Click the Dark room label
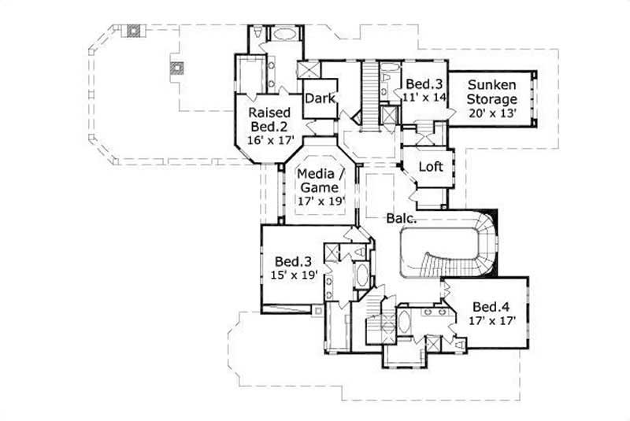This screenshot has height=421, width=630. coord(321,98)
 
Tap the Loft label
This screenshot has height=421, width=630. coord(430,167)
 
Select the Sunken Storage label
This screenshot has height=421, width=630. coord(492,92)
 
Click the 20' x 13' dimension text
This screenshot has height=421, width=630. coord(492,113)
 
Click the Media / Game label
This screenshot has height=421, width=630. coord(318,180)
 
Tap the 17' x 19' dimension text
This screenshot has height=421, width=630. coord(320,201)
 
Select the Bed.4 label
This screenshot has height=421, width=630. coord(493,306)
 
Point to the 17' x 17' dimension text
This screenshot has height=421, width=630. coord(494,321)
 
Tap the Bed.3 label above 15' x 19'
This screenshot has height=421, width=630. coord(291,260)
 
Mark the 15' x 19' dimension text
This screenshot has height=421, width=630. coord(291,276)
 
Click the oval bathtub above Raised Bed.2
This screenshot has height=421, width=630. coord(283,34)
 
